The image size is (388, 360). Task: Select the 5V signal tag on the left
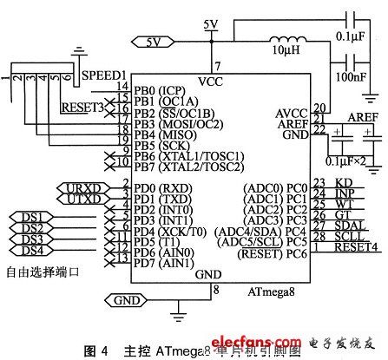149,40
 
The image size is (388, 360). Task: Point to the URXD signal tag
82,187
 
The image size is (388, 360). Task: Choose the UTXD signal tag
82,199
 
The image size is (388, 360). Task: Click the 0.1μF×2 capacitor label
345,162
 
